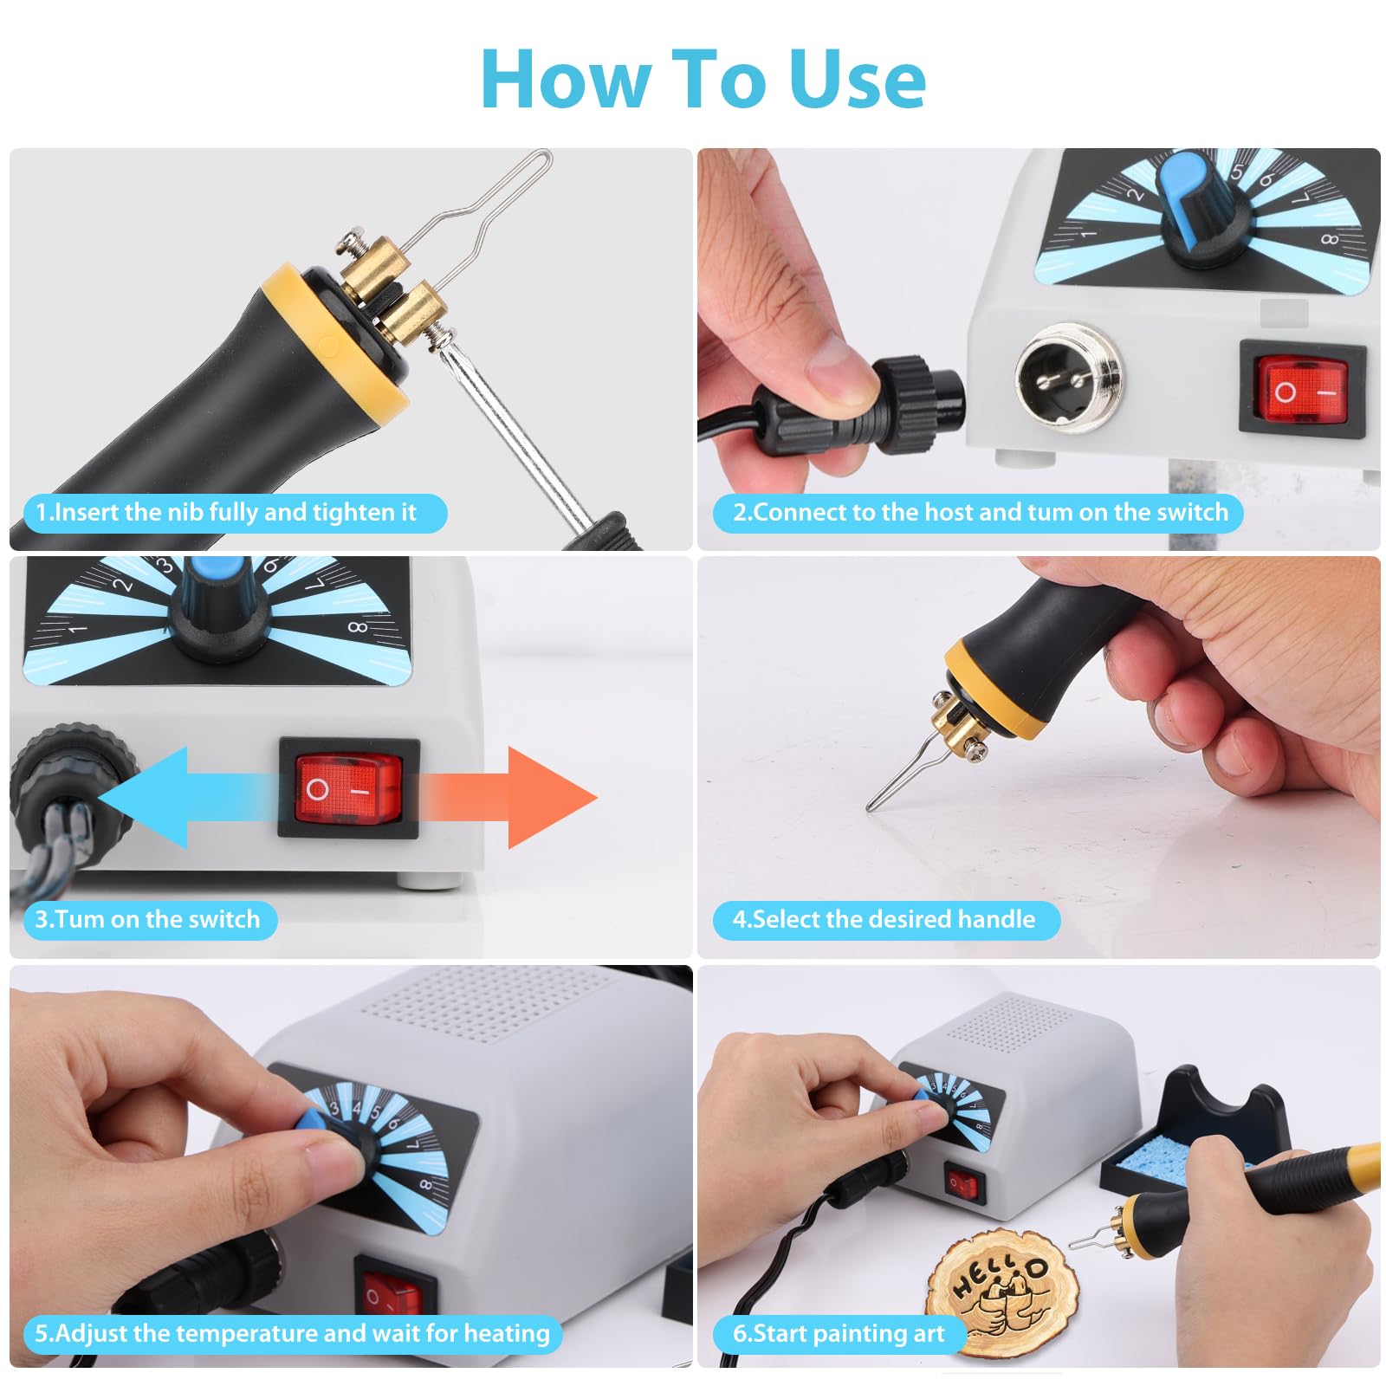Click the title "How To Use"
click(703, 80)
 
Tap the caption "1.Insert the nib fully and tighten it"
click(227, 512)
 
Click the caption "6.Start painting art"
click(839, 1333)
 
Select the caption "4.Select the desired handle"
click(884, 919)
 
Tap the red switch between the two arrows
click(349, 788)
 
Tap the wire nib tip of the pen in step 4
click(870, 809)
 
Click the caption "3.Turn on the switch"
click(147, 919)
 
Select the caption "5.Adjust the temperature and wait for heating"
click(293, 1333)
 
